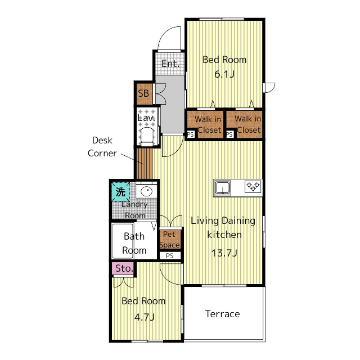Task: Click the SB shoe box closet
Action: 144,93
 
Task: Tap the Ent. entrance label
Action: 170,64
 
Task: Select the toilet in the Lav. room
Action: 147,137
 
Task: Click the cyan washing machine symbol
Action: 120,192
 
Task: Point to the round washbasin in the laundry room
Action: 146,191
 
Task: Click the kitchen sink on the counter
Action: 223,187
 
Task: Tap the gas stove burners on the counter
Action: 253,186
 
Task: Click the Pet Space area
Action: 170,239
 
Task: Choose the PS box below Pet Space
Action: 170,256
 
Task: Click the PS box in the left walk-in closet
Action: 191,134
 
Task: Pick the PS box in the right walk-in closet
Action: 230,134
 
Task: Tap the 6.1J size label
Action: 224,74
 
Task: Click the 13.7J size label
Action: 224,253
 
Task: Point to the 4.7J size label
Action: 144,317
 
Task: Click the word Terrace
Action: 223,314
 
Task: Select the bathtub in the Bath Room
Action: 123,241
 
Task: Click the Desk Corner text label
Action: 102,147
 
